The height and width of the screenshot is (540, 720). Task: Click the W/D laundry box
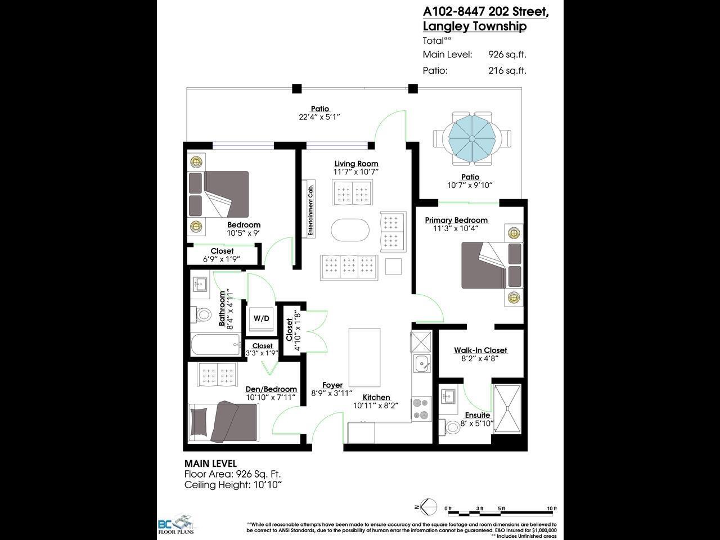(261, 318)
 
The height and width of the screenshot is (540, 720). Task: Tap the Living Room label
(356, 164)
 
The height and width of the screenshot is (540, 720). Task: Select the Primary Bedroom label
(456, 220)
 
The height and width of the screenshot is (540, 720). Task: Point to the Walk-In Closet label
(480, 350)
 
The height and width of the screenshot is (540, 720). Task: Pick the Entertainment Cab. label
(309, 209)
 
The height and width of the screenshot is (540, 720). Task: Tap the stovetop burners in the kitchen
(421, 409)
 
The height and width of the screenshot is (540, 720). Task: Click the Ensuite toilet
(453, 427)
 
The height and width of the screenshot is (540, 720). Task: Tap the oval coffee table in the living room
(350, 229)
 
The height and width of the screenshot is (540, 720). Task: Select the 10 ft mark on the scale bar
(552, 508)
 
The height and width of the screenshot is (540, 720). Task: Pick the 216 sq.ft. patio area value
(507, 70)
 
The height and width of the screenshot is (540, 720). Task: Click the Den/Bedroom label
(271, 389)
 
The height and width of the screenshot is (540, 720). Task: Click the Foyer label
(332, 385)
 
